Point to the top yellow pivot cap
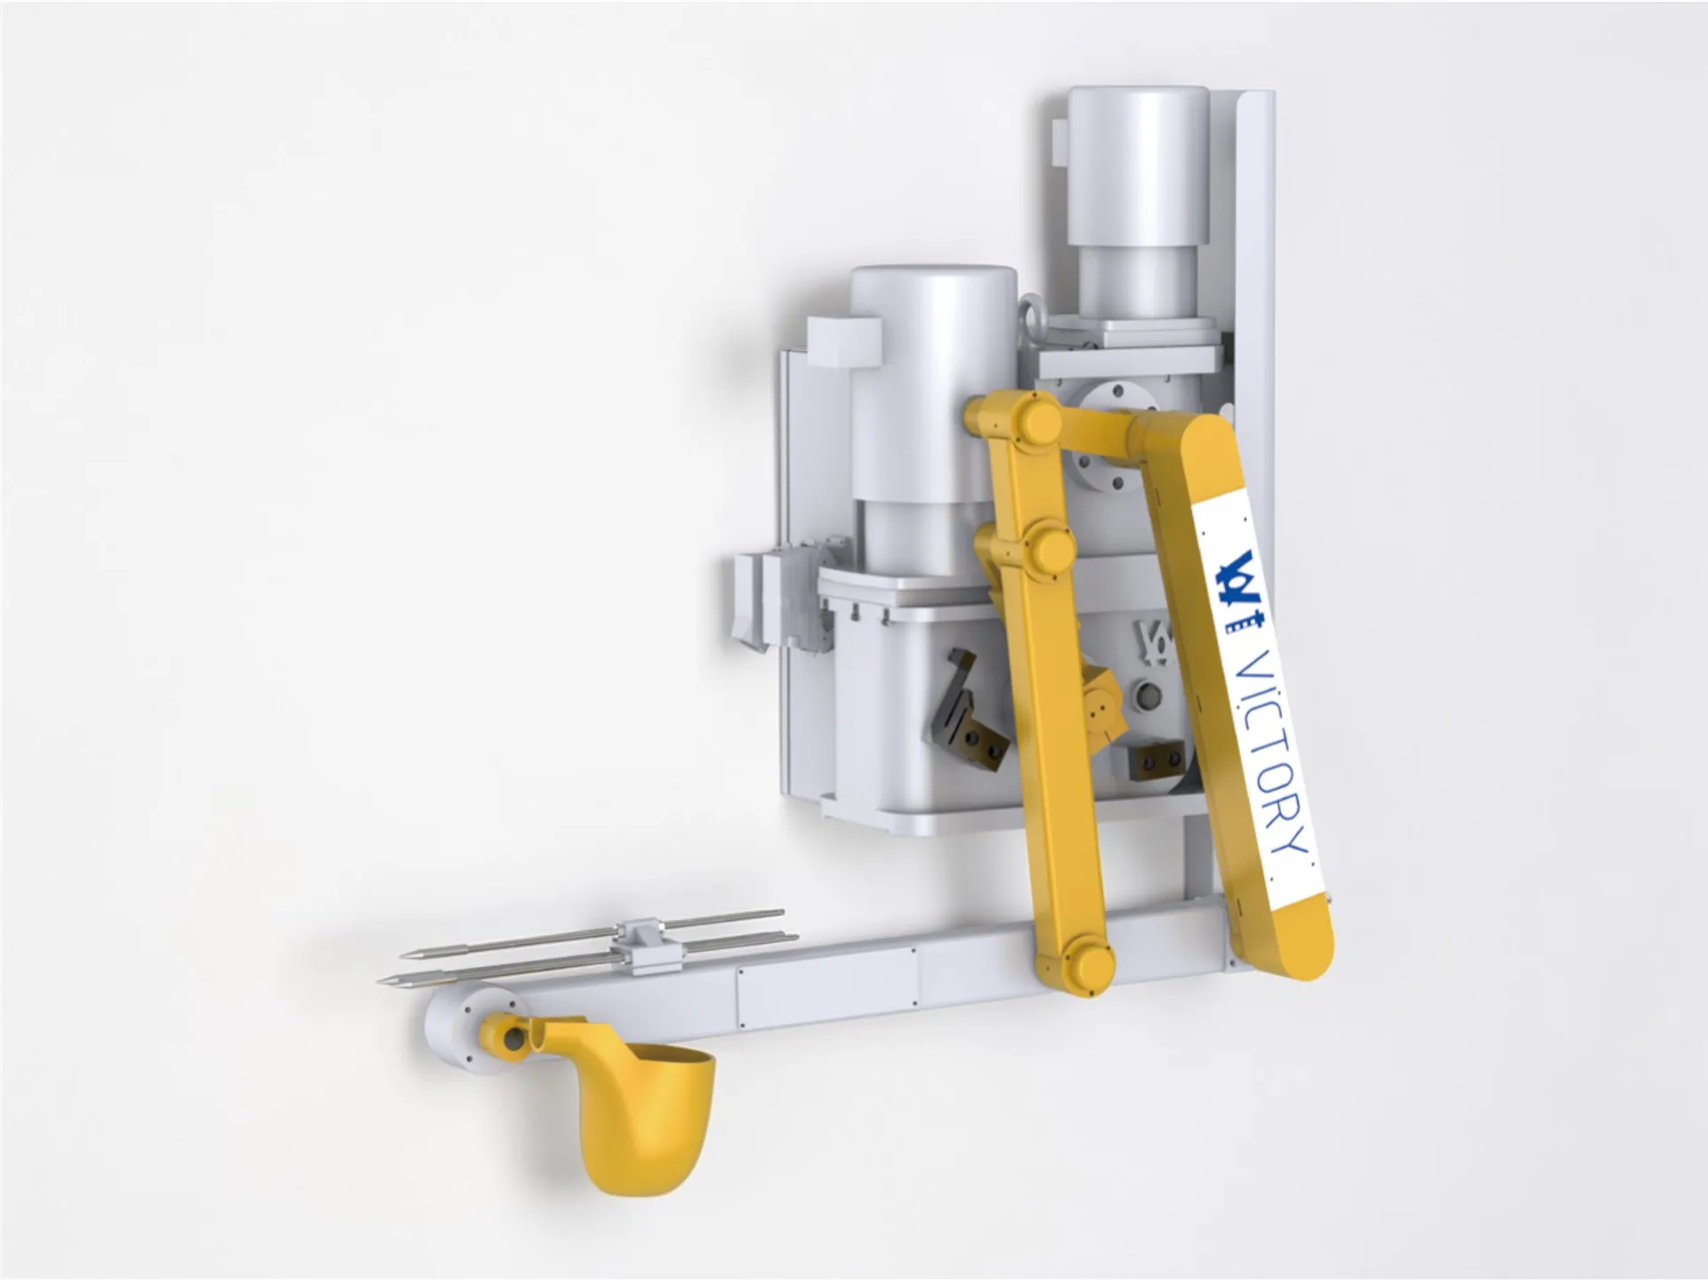click(x=1032, y=418)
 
